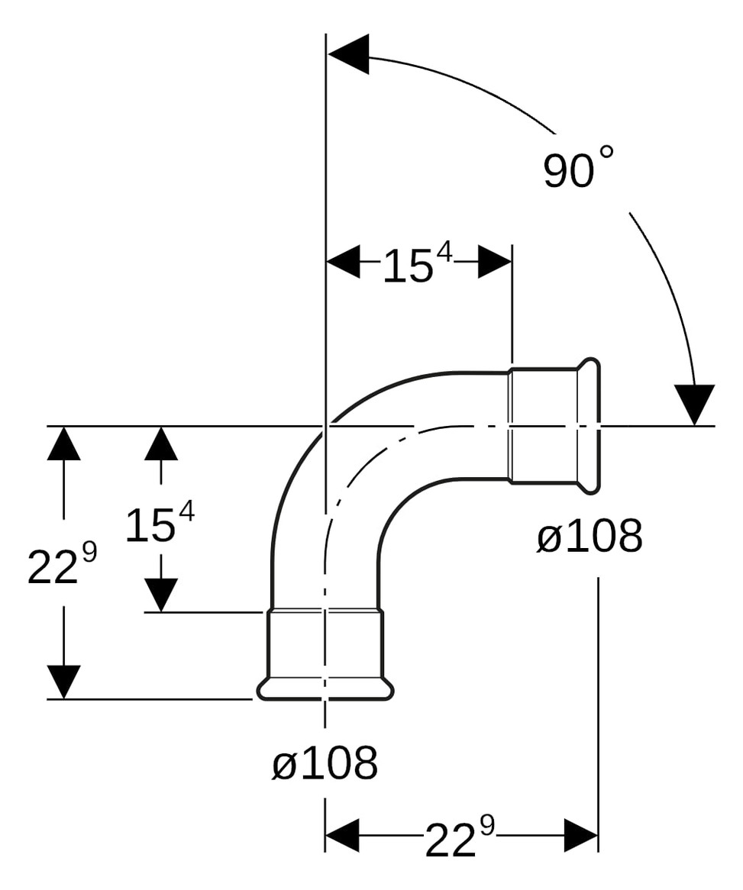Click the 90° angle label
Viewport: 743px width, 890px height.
point(577,169)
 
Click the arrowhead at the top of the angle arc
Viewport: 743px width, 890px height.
point(348,55)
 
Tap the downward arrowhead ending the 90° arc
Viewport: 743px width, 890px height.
point(694,404)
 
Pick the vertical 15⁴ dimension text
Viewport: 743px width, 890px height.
point(159,525)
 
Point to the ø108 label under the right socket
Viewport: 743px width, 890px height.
point(589,537)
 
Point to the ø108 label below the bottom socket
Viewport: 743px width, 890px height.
point(325,762)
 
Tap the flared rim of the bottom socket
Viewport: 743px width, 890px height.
point(325,689)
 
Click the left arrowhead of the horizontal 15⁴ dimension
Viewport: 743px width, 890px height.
point(343,262)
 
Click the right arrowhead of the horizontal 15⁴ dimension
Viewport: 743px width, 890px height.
point(495,262)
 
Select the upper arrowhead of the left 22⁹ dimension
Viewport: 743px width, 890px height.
point(63,443)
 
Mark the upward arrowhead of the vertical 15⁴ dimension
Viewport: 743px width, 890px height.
point(161,443)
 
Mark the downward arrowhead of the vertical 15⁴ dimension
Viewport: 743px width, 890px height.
point(161,595)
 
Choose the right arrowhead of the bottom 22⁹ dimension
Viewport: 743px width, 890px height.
point(580,835)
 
